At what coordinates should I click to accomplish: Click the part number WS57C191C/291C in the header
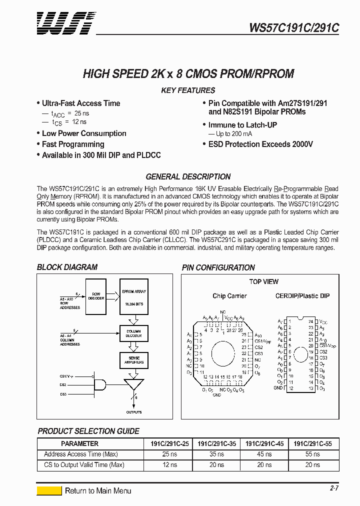coord(294,28)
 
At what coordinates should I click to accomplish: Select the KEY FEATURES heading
coord(188,90)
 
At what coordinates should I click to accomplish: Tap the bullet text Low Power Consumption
coord(84,133)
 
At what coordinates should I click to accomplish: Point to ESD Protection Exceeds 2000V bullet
coord(260,144)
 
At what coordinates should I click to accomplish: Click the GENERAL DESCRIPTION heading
coord(188,177)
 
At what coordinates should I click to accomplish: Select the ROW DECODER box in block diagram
coord(96,296)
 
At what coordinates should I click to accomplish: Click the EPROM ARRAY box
coord(133,296)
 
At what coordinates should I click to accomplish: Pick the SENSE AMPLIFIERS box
coord(133,360)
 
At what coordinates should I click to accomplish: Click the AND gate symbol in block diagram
coord(100,384)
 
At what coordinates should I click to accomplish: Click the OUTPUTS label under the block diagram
coord(133,412)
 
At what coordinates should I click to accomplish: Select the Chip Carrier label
coord(229,296)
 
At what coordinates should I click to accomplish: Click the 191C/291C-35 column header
coord(216,443)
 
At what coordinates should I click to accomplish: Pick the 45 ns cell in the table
coord(264,454)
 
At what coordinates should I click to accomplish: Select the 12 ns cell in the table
coord(169,465)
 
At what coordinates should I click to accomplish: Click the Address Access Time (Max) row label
coord(81,454)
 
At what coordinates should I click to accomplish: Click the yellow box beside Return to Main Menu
coord(49,491)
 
